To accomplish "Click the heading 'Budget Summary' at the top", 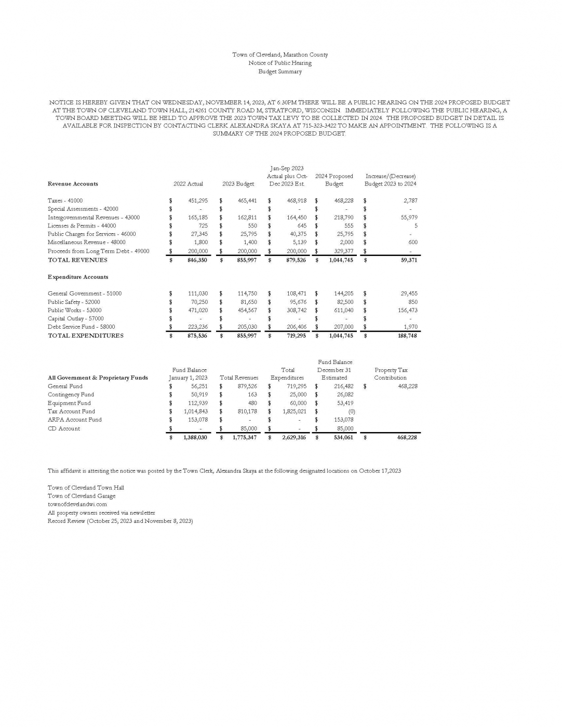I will point(280,72).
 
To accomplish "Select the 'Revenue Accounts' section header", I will point(73,184).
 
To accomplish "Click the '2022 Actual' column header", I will point(188,184).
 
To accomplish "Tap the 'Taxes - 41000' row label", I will point(65,200).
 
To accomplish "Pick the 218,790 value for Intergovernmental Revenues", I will point(343,218).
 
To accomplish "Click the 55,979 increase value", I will point(409,218).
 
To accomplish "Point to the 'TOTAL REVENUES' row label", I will point(77,260).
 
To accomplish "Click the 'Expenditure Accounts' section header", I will point(78,277).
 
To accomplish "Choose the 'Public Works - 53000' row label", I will point(74,311).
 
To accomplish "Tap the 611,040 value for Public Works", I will point(343,311).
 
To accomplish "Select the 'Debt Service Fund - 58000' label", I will point(81,327).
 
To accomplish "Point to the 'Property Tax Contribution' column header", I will point(391,374).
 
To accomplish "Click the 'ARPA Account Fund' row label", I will point(74,420).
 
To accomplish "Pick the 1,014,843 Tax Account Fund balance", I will point(195,412).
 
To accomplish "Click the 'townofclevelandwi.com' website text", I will point(77,504).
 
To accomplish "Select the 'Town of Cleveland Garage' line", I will point(82,496).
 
